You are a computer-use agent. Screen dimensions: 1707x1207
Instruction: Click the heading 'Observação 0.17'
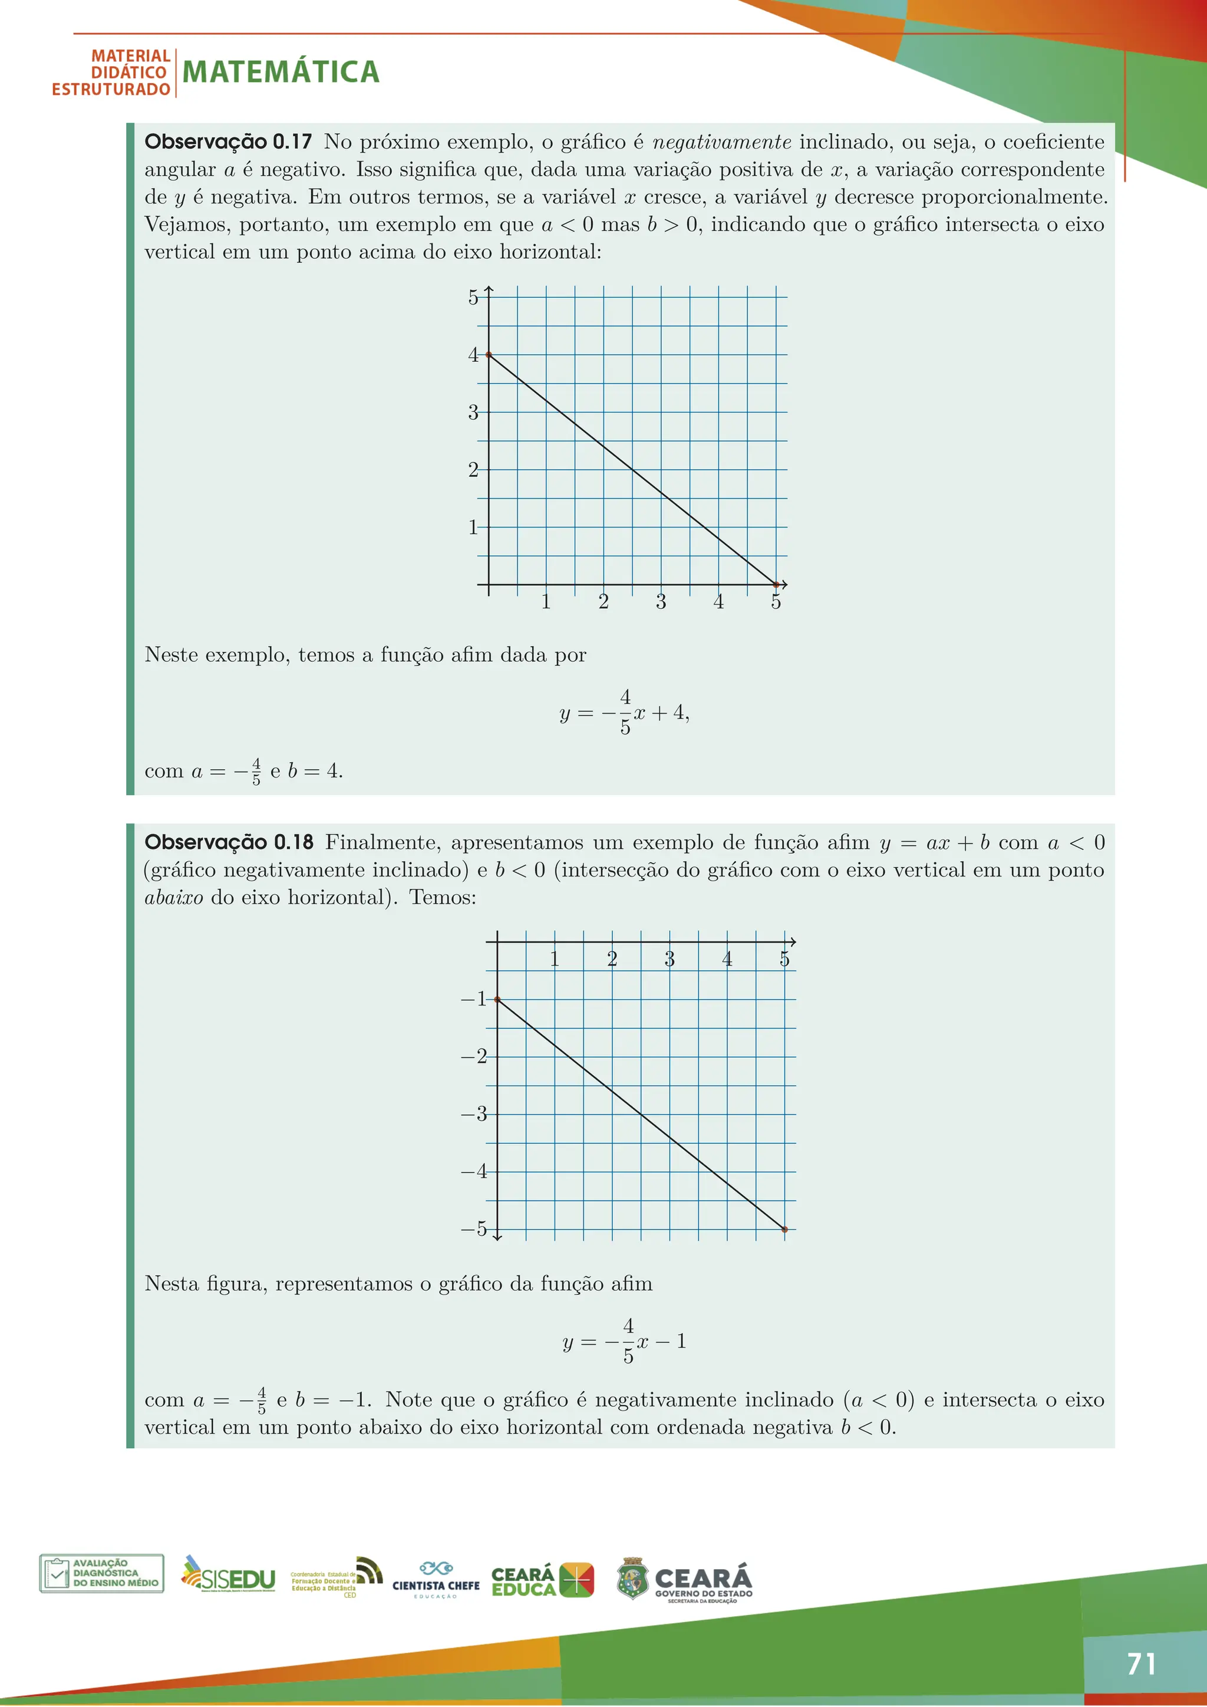point(227,142)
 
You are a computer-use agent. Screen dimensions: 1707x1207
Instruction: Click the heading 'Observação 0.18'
point(228,842)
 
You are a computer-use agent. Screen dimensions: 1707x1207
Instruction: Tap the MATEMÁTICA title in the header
point(281,72)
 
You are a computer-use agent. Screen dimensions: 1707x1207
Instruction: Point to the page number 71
point(1141,1664)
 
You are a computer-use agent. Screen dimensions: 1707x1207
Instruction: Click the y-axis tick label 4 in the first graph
point(473,355)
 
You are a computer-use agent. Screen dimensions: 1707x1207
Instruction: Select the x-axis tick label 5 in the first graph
point(776,602)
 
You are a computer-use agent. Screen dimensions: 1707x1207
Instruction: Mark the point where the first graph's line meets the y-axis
point(489,355)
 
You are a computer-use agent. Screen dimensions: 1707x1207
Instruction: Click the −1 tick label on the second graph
point(474,999)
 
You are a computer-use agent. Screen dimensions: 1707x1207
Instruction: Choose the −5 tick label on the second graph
point(474,1229)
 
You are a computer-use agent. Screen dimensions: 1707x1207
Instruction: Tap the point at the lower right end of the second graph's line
point(785,1230)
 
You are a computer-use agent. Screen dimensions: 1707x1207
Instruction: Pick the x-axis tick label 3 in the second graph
point(670,959)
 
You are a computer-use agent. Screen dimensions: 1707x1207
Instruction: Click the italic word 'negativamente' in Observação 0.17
point(722,142)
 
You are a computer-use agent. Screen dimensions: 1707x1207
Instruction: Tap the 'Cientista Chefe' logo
point(436,1579)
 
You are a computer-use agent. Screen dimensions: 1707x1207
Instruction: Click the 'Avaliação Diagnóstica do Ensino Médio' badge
point(102,1573)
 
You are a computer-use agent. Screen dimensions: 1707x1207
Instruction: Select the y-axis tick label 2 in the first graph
point(473,470)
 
